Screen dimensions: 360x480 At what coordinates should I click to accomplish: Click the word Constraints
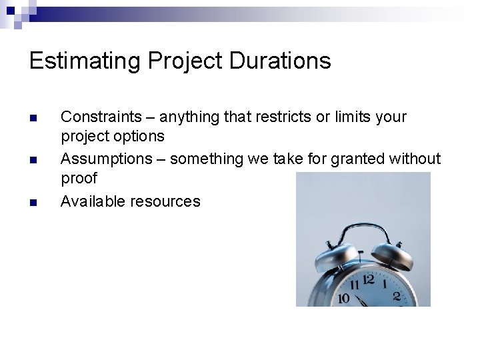click(102, 117)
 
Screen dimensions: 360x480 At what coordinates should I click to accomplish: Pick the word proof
click(79, 179)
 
